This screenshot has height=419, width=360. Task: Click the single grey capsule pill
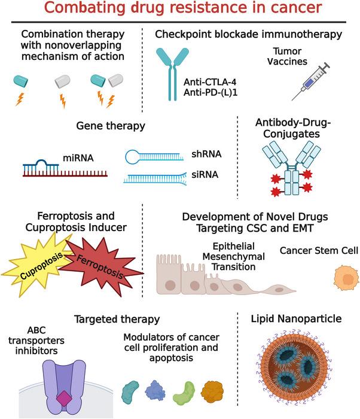click(x=62, y=81)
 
